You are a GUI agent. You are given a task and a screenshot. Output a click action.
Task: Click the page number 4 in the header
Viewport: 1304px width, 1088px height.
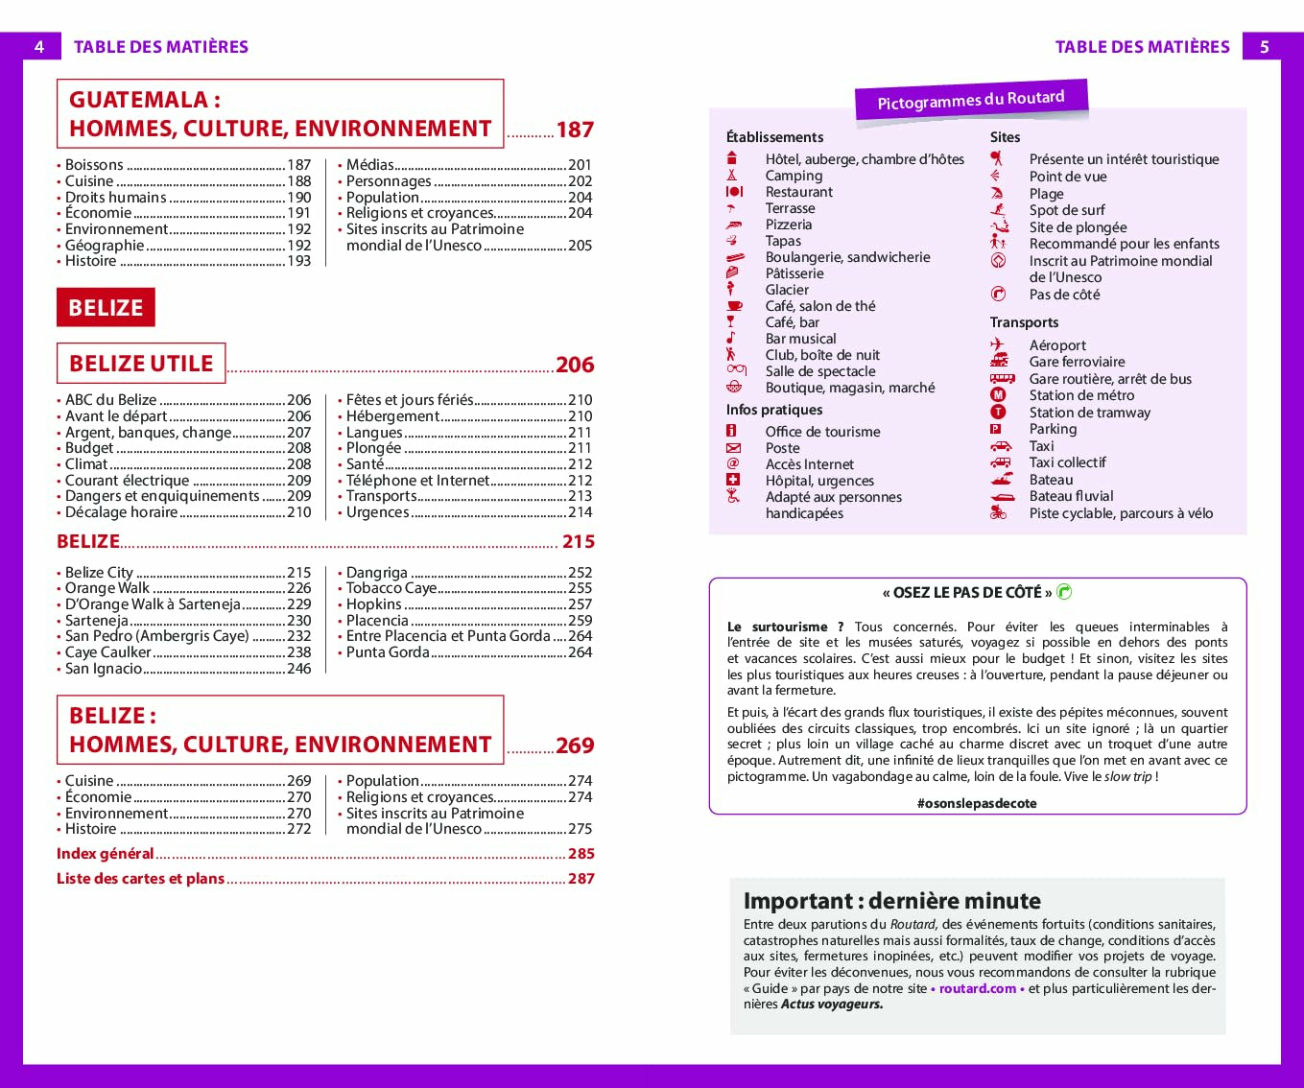(39, 46)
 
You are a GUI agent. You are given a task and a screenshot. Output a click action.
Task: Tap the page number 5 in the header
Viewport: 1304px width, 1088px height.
(1264, 46)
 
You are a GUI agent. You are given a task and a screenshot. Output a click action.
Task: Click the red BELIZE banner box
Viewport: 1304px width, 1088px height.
(106, 308)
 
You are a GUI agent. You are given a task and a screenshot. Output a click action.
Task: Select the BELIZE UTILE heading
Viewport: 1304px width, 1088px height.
(141, 364)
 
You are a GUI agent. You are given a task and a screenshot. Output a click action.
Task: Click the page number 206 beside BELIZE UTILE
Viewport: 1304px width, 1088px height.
(575, 365)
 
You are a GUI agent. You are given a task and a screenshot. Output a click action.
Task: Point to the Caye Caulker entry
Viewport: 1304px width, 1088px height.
(108, 652)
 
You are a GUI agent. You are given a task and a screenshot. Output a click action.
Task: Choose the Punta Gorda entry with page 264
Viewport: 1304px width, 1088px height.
(388, 652)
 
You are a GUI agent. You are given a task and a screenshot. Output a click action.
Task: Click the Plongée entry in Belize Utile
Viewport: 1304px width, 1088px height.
(374, 448)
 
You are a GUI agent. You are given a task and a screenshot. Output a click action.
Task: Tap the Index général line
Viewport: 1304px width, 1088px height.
(106, 854)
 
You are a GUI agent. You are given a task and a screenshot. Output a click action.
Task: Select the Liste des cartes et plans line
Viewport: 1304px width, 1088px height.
(141, 879)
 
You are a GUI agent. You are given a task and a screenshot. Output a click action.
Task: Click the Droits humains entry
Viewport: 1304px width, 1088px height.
(116, 197)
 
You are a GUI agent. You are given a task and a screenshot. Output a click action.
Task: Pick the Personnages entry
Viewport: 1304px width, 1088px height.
(389, 181)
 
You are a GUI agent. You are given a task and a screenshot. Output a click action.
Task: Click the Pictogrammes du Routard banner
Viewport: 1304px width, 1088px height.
(971, 100)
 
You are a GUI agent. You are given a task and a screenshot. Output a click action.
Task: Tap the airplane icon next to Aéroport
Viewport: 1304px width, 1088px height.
(998, 345)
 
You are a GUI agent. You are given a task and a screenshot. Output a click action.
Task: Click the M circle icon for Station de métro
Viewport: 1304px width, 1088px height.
(998, 395)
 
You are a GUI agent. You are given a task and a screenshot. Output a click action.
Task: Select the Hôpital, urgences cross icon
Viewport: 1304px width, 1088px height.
(733, 480)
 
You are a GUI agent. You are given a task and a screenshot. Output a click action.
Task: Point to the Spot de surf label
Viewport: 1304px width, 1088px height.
(1067, 210)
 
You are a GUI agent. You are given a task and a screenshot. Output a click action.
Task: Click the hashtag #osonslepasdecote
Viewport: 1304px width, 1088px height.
(977, 803)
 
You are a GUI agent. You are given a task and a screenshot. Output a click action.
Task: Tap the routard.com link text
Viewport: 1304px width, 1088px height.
(977, 988)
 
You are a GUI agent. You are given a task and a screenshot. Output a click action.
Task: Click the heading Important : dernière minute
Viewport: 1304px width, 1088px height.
(892, 901)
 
